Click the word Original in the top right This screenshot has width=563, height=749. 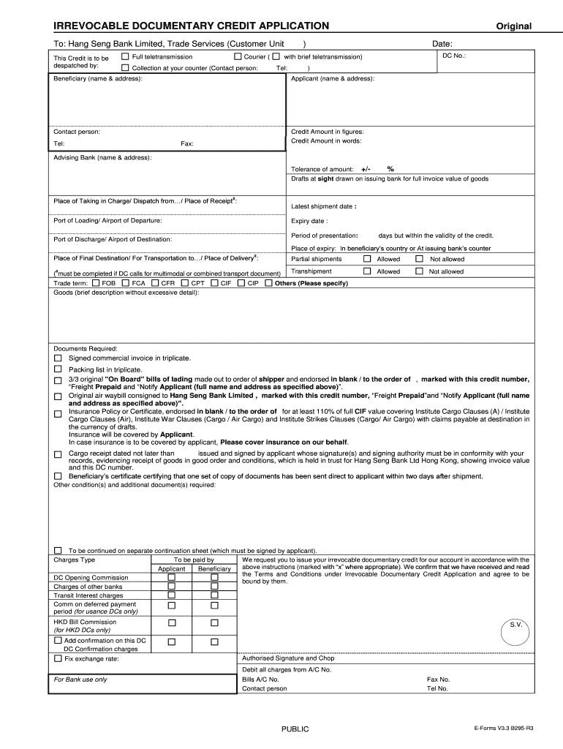pyautogui.click(x=513, y=26)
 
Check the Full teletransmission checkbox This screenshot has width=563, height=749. pyautogui.click(x=125, y=56)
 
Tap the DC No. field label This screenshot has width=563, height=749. pyautogui.click(x=454, y=56)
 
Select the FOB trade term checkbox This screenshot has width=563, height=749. pyautogui.click(x=96, y=283)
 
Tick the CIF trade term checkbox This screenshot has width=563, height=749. pyautogui.click(x=214, y=283)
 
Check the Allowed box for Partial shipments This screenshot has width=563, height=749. pyautogui.click(x=367, y=259)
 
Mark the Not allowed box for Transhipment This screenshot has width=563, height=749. pyautogui.click(x=419, y=271)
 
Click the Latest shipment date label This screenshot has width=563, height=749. pyautogui.click(x=323, y=206)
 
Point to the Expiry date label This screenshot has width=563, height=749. pyautogui.click(x=309, y=221)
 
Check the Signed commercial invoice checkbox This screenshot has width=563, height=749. pyautogui.click(x=58, y=358)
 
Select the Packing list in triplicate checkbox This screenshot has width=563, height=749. pyautogui.click(x=58, y=370)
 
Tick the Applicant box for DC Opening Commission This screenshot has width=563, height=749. pyautogui.click(x=172, y=577)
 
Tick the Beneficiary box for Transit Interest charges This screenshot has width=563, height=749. pyautogui.click(x=214, y=595)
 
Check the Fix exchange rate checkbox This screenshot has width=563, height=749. pyautogui.click(x=58, y=658)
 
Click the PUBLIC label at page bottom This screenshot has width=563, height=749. pyautogui.click(x=295, y=729)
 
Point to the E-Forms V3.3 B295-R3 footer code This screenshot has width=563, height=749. pyautogui.click(x=504, y=729)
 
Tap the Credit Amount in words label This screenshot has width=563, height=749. pyautogui.click(x=326, y=141)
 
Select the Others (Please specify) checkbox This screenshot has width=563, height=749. pyautogui.click(x=268, y=283)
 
